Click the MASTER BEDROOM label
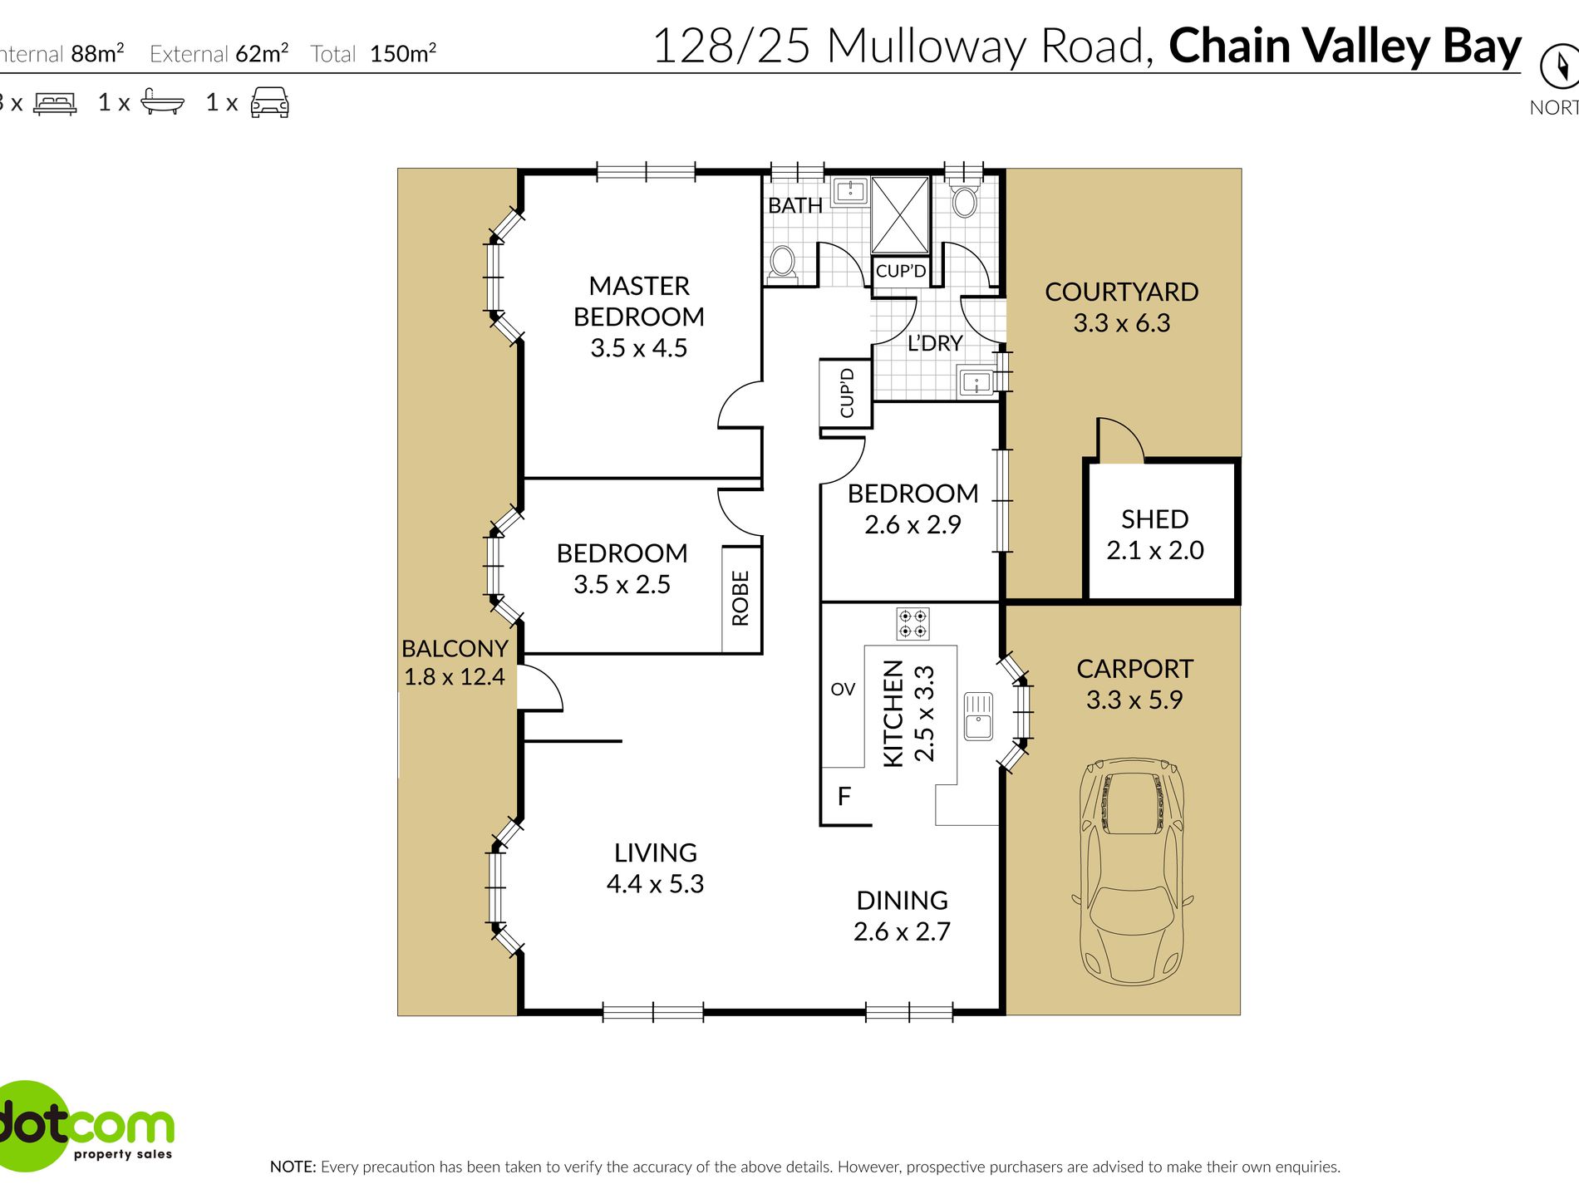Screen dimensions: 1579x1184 tap(639, 301)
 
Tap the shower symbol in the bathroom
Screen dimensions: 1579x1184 tap(900, 215)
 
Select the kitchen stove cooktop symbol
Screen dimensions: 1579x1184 tap(912, 623)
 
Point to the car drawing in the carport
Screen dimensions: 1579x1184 tap(1132, 871)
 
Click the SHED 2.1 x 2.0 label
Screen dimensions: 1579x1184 tap(1155, 534)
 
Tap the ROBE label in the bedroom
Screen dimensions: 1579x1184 tap(740, 597)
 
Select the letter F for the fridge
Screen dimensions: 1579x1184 tap(844, 797)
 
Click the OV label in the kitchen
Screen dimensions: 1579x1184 tap(843, 689)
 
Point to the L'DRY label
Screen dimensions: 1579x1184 tap(935, 343)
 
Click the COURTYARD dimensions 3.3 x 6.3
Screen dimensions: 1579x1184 tap(1122, 322)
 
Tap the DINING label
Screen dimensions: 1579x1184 tap(903, 900)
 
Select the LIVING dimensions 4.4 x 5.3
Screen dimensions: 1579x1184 tap(656, 883)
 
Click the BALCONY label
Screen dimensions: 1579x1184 tap(455, 648)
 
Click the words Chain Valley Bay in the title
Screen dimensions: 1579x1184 tap(1345, 47)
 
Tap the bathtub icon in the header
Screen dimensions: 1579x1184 tap(162, 101)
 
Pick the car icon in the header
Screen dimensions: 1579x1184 tap(269, 102)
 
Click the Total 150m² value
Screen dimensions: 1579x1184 tap(403, 54)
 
